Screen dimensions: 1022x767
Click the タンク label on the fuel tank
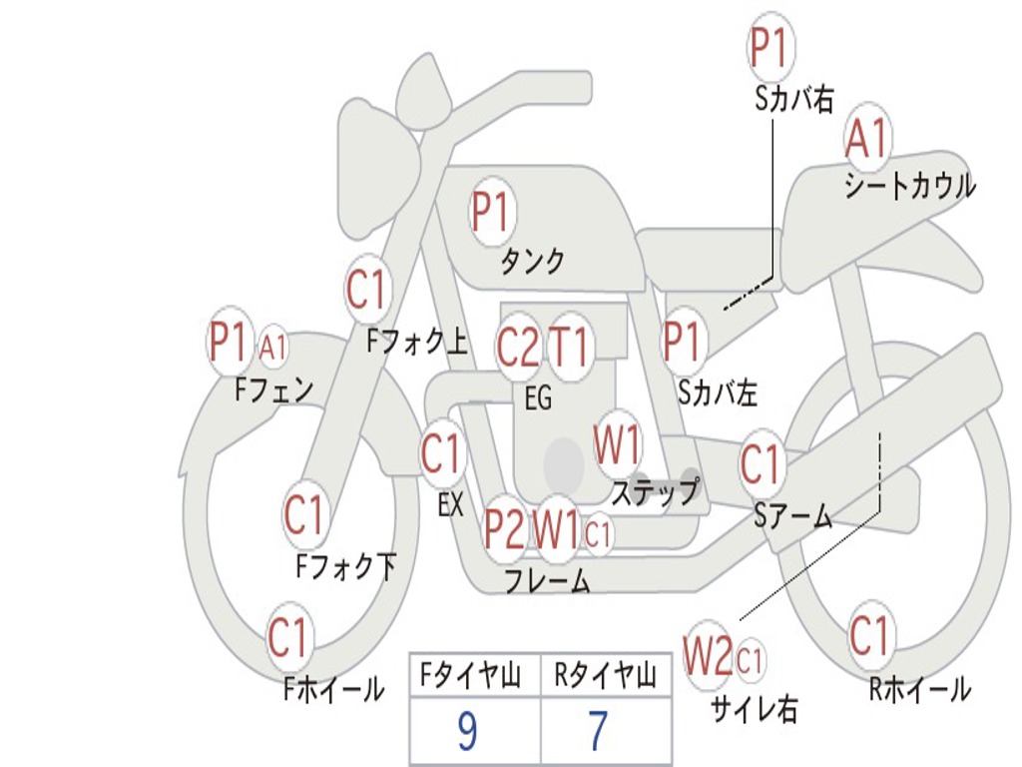(x=532, y=262)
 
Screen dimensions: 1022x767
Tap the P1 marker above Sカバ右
(x=771, y=48)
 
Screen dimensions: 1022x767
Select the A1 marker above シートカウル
(x=867, y=138)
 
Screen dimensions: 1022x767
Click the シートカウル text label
(x=910, y=185)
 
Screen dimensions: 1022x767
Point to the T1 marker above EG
(x=570, y=346)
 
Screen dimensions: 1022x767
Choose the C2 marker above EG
(x=518, y=346)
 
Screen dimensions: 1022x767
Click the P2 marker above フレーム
(x=504, y=529)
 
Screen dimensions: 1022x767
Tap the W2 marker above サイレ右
(x=708, y=656)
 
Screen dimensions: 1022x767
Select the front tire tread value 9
(x=467, y=731)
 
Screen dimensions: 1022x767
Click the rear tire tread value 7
(x=599, y=731)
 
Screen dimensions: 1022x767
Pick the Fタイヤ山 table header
(x=471, y=676)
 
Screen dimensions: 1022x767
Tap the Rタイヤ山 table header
(x=606, y=676)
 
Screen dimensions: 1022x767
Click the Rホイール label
(x=919, y=689)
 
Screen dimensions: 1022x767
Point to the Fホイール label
(x=333, y=689)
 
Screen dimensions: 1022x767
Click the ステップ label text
(x=655, y=492)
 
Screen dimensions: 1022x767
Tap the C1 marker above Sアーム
(x=760, y=463)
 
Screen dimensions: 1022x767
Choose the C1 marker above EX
(x=442, y=453)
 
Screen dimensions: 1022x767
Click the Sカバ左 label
(x=717, y=393)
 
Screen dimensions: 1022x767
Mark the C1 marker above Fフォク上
(x=366, y=289)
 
